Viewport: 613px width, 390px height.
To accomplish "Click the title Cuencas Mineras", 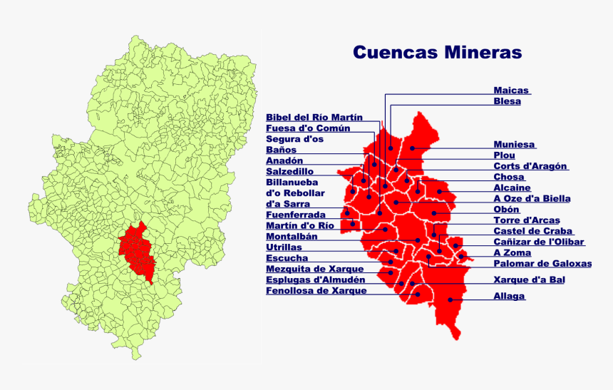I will [437, 53].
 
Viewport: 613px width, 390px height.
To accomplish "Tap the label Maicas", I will [511, 91].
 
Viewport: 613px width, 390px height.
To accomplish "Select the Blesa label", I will [507, 101].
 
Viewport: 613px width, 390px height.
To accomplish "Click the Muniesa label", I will [514, 144].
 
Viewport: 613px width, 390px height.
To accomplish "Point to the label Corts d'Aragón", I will [530, 166].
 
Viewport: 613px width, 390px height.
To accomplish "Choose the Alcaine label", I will [512, 188].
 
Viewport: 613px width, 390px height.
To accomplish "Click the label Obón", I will [506, 210].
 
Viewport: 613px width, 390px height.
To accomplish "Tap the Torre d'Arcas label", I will [527, 220].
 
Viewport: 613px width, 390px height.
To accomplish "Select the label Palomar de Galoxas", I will [542, 263].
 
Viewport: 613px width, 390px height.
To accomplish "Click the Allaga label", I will [509, 296].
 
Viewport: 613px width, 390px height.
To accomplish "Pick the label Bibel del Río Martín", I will [314, 118].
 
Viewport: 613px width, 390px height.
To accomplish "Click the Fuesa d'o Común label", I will [308, 128].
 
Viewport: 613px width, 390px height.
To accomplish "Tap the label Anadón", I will [284, 161].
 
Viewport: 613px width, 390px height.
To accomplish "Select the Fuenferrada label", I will [295, 215].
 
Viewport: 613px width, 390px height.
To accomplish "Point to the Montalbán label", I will [292, 236].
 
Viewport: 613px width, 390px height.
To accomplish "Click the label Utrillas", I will [284, 247].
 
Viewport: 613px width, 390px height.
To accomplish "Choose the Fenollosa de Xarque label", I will [316, 291].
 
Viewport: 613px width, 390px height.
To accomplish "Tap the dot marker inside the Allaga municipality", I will [450, 300].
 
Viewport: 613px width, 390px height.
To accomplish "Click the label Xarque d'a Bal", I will [529, 280].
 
